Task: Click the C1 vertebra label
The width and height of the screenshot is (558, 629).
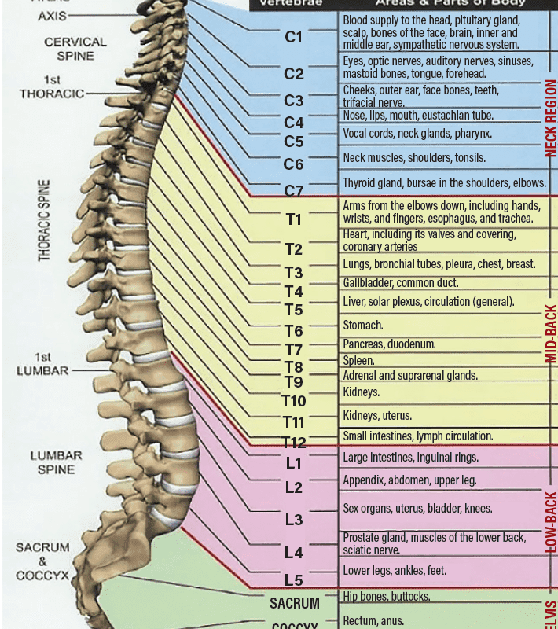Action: pyautogui.click(x=293, y=36)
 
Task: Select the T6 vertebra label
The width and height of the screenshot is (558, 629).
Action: pyautogui.click(x=293, y=330)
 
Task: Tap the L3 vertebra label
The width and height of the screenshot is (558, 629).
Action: pyautogui.click(x=293, y=519)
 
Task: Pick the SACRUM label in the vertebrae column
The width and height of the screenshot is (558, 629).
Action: pyautogui.click(x=295, y=604)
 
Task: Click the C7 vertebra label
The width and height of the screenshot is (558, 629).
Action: pyautogui.click(x=293, y=190)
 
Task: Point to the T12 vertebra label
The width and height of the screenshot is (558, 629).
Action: pyautogui.click(x=294, y=442)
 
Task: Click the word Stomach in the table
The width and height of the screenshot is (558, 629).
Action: pyautogui.click(x=363, y=325)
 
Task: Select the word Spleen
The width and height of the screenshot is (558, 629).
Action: pyautogui.click(x=358, y=360)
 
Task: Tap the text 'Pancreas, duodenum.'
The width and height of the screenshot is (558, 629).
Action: pyautogui.click(x=389, y=344)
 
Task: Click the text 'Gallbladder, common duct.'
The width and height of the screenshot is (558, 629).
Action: pyautogui.click(x=401, y=282)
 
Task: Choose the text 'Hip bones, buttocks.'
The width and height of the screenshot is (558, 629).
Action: pyautogui.click(x=387, y=596)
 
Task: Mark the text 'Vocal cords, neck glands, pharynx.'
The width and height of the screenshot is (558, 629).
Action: pyautogui.click(x=417, y=134)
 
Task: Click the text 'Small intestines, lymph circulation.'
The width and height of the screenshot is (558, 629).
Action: pyautogui.click(x=418, y=436)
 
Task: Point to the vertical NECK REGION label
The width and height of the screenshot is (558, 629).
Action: pyautogui.click(x=551, y=118)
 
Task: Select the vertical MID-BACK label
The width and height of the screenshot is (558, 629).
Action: pyautogui.click(x=551, y=333)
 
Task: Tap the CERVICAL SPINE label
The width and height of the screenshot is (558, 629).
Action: pyautogui.click(x=75, y=49)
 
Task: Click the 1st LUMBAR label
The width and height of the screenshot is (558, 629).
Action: pyautogui.click(x=43, y=364)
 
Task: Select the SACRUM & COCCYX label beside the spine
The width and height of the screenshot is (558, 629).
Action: pyautogui.click(x=42, y=561)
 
